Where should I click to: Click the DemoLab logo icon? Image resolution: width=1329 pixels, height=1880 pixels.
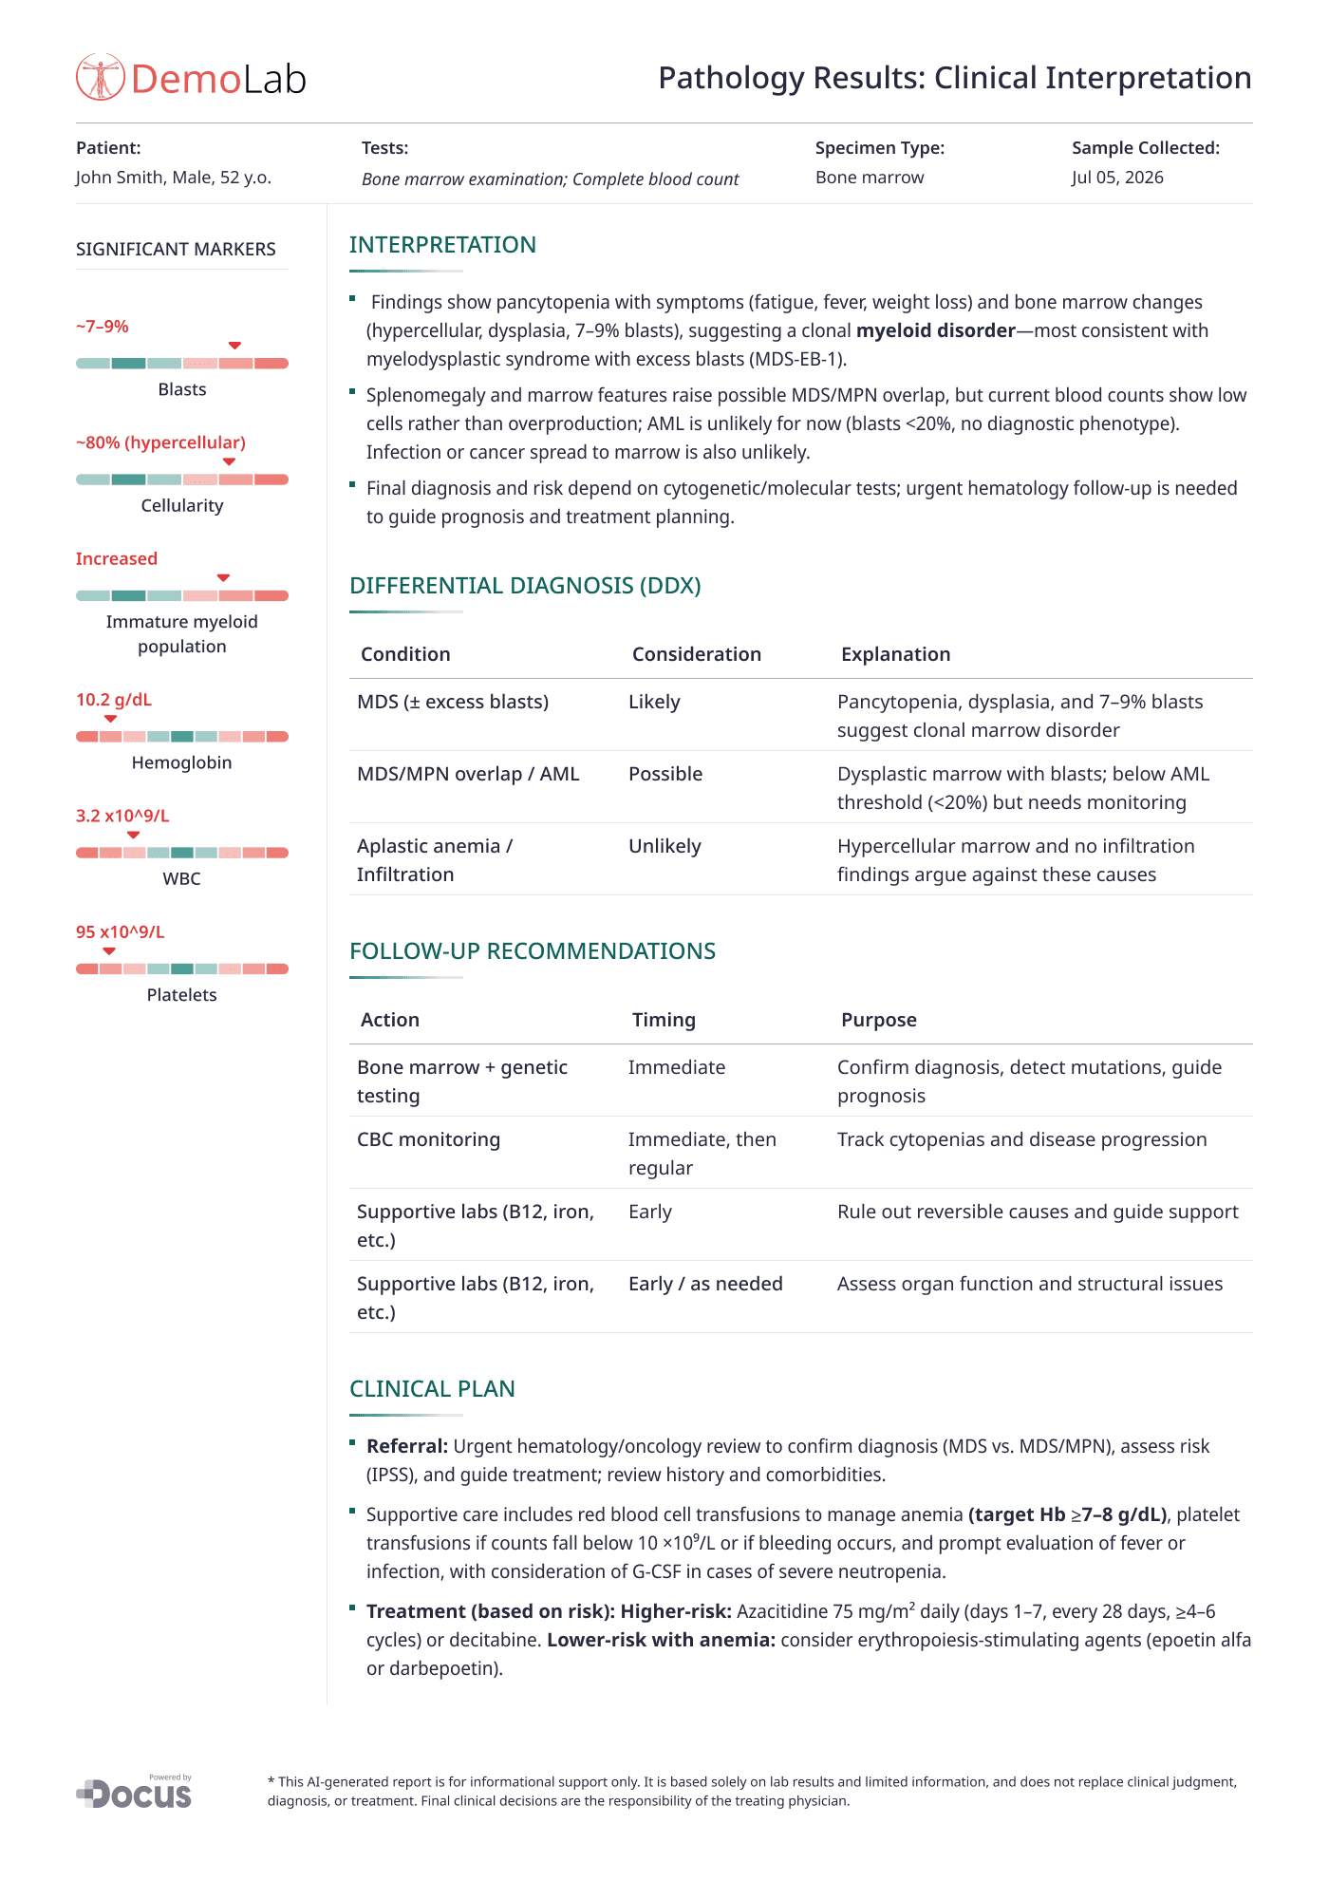(x=101, y=78)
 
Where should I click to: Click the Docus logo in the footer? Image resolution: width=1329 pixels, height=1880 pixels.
(x=135, y=1793)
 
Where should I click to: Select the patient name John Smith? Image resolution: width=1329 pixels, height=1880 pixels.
(x=120, y=178)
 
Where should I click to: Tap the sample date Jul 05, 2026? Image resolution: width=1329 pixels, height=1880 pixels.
(x=1117, y=178)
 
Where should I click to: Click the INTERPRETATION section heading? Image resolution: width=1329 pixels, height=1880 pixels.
(x=442, y=245)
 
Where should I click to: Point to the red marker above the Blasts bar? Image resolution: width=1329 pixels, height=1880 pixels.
(x=234, y=346)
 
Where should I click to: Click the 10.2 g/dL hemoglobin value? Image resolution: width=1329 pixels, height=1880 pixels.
(x=114, y=700)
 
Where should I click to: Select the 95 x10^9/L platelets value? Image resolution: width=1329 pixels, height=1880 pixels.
(x=121, y=932)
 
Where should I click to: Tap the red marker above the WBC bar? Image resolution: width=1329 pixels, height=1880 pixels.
(x=134, y=835)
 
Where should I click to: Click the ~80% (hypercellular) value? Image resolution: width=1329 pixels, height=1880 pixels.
(x=160, y=442)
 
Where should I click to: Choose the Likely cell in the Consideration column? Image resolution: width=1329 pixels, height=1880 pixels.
(x=654, y=702)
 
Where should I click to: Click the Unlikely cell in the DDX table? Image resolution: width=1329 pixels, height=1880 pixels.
(x=664, y=846)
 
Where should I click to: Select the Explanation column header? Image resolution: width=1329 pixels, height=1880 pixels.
(x=895, y=654)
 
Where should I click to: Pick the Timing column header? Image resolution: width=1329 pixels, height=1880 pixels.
(x=664, y=1020)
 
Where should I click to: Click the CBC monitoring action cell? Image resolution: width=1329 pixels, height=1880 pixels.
(x=428, y=1139)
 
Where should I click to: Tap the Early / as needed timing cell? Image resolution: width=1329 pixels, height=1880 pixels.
(x=705, y=1284)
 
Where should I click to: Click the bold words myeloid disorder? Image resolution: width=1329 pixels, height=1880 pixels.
(x=935, y=330)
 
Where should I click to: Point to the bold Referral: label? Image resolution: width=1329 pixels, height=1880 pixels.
(x=407, y=1446)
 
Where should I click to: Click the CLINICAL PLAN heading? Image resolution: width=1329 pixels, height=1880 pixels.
(x=432, y=1389)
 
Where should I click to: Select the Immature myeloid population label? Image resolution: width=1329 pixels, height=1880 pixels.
(x=182, y=633)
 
